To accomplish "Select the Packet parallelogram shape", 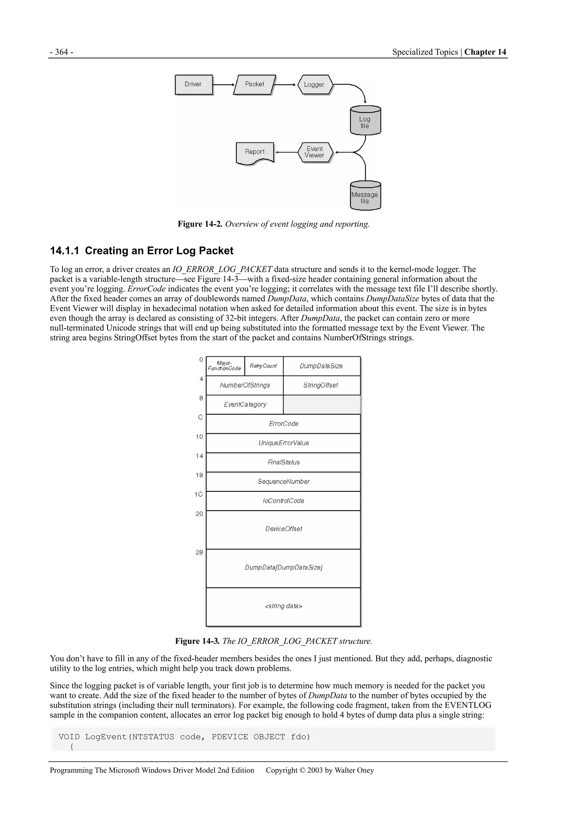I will [254, 85].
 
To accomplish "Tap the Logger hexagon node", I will [315, 85].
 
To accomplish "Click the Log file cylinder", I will [365, 121].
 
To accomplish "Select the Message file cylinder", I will [365, 196].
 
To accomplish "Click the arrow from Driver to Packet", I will [223, 85].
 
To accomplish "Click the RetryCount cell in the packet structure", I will [264, 366].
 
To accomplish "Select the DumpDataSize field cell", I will [321, 366].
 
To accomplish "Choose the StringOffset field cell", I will [321, 385].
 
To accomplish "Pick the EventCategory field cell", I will [245, 405].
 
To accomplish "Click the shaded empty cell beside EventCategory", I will [321, 405].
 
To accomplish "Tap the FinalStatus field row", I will [283, 462].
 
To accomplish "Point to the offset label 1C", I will [199, 494].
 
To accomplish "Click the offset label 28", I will [199, 552].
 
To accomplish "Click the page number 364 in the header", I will [62, 52].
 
